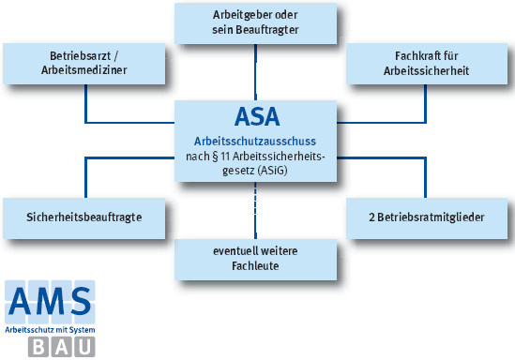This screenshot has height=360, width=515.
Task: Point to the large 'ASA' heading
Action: tap(256, 118)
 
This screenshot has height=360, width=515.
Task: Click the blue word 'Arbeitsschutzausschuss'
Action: tap(256, 140)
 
